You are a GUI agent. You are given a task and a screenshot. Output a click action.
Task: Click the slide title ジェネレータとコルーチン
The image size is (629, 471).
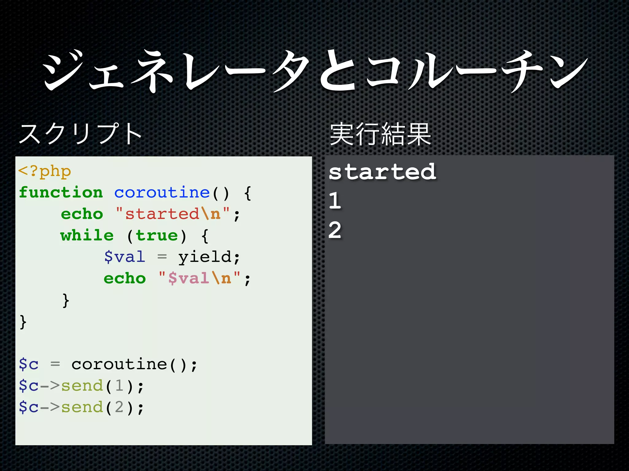pyautogui.click(x=314, y=71)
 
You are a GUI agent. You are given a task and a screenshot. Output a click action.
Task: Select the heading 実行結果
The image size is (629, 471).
pyautogui.click(x=380, y=134)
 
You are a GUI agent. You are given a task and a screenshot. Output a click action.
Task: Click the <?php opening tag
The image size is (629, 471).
pyautogui.click(x=45, y=171)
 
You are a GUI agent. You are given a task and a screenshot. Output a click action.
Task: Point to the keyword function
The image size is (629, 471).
pyautogui.click(x=61, y=193)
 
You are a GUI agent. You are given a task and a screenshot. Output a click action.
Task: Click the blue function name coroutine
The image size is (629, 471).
pyautogui.click(x=162, y=193)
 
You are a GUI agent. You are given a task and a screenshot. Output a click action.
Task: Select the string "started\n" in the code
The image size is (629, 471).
pyautogui.click(x=173, y=214)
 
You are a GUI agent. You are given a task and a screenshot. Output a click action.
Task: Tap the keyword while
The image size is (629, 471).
pyautogui.click(x=87, y=235)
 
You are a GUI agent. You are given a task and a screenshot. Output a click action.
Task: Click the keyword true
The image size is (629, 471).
pyautogui.click(x=157, y=235)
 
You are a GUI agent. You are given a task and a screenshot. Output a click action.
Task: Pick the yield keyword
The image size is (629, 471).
pyautogui.click(x=205, y=257)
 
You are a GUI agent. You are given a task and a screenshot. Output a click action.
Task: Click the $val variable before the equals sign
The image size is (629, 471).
pyautogui.click(x=125, y=257)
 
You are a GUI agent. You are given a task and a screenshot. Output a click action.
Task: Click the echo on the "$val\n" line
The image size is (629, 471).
pyautogui.click(x=125, y=278)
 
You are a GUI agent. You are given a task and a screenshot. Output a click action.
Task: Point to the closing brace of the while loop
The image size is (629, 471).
pyautogui.click(x=66, y=300)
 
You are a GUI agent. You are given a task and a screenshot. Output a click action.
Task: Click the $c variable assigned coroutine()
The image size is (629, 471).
pyautogui.click(x=29, y=364)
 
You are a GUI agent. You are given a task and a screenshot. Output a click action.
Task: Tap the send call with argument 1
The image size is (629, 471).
pyautogui.click(x=82, y=386)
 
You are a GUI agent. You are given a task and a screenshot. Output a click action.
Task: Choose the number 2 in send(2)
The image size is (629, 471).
pyautogui.click(x=119, y=407)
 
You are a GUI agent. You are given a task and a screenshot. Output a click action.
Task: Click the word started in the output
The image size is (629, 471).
pyautogui.click(x=382, y=172)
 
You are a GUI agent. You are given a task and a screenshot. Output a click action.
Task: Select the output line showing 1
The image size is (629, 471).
pyautogui.click(x=335, y=201)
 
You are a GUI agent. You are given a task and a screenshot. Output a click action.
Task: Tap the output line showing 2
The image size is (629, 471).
pyautogui.click(x=335, y=230)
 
